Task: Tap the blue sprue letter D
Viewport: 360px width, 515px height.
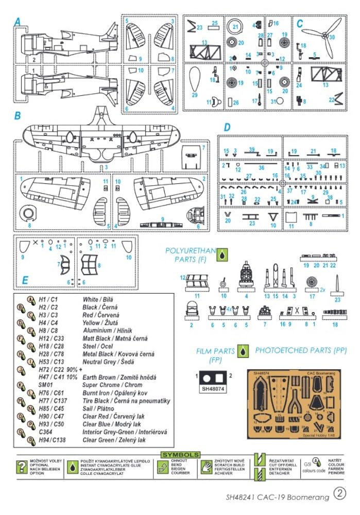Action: (x=227, y=127)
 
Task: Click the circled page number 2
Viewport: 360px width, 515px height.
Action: (x=340, y=493)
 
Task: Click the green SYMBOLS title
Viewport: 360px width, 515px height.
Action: (x=180, y=455)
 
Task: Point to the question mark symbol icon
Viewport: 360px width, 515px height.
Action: (x=22, y=467)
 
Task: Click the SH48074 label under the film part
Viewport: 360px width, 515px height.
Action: (x=214, y=389)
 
